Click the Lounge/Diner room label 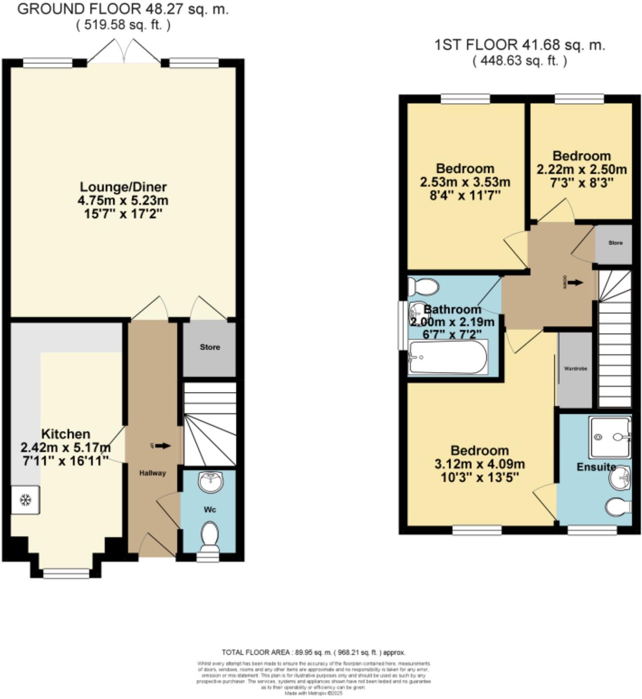[123, 187]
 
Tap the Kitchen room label [66, 434]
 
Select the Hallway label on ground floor [153, 473]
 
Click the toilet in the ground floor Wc [210, 534]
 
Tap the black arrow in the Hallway [162, 446]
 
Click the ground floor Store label [210, 347]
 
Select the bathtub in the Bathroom [448, 357]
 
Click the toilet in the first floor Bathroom [424, 287]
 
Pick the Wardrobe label [575, 369]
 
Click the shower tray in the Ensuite [610, 437]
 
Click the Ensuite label [596, 467]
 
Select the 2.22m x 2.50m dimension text [582, 169]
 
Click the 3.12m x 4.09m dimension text [479, 464]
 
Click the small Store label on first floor [615, 243]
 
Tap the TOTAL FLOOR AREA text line [313, 652]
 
